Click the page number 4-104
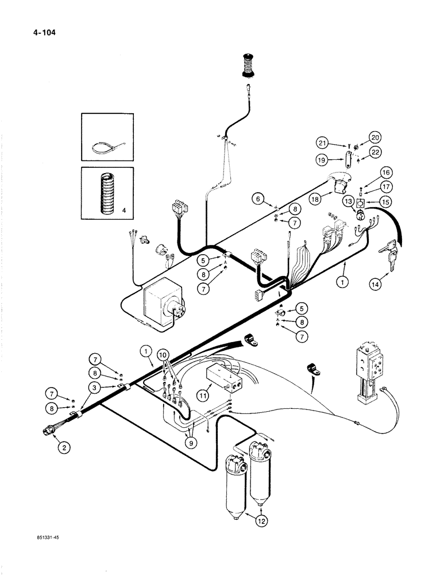[x=35, y=24]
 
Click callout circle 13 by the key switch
[x=347, y=201]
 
